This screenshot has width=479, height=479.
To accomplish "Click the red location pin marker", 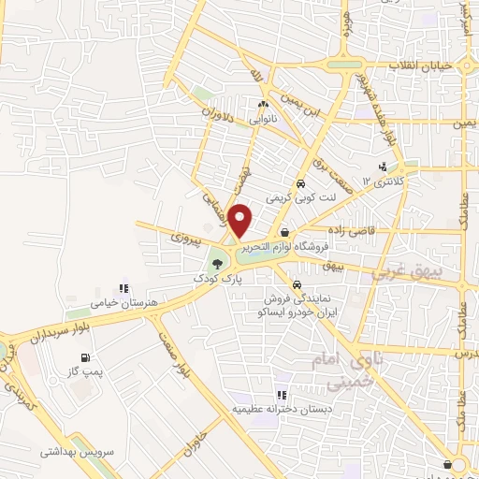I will (x=240, y=220).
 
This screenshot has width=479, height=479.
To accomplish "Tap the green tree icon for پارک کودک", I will (x=217, y=263).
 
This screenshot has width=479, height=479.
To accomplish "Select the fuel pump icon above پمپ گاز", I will (x=86, y=357).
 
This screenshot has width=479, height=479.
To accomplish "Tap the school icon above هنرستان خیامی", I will (x=123, y=288).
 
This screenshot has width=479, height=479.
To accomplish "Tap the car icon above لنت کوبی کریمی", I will (x=300, y=183).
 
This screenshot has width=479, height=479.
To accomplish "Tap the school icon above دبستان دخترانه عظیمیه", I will (x=282, y=395).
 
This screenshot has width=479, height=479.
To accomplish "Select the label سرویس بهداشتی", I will (x=71, y=451).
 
